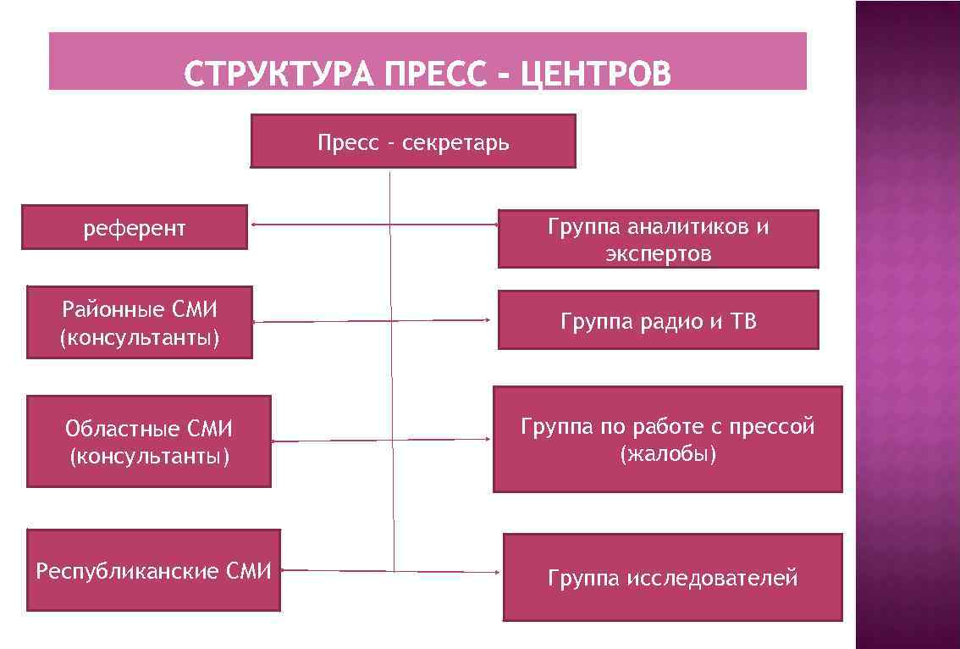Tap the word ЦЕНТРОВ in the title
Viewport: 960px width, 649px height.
tap(596, 75)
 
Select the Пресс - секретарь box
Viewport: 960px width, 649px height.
tap(413, 141)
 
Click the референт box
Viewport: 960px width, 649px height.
tap(135, 227)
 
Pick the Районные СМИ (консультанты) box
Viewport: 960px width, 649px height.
tap(140, 323)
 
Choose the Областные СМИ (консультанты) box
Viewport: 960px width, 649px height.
tap(149, 441)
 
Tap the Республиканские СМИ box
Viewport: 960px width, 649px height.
tap(153, 570)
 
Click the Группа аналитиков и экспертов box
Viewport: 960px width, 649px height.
tap(658, 239)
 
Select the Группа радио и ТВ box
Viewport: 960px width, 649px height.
tap(658, 320)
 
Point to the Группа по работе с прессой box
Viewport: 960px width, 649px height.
tap(667, 439)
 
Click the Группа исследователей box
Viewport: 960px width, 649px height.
tap(672, 578)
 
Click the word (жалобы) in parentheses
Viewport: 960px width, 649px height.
tap(668, 454)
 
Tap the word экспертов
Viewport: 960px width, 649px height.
tap(658, 253)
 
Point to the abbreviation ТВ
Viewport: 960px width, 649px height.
tap(742, 321)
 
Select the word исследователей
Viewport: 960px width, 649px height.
tap(713, 579)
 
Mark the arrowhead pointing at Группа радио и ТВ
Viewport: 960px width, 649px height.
tap(488, 320)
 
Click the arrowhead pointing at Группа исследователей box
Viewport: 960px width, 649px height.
tap(497, 572)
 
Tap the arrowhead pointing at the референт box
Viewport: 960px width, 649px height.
tap(254, 225)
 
